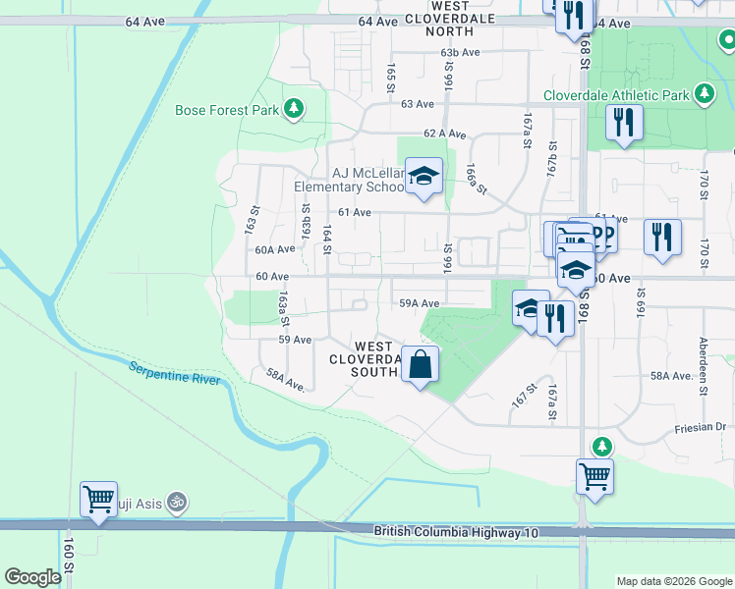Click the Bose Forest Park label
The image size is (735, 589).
(x=227, y=110)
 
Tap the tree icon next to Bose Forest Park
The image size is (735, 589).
(x=293, y=109)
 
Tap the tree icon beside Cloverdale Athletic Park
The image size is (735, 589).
(x=704, y=94)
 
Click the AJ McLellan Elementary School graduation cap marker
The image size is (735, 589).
(x=424, y=177)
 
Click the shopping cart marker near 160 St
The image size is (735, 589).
(x=99, y=499)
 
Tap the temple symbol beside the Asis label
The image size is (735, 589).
(x=177, y=503)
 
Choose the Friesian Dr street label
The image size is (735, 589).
(x=700, y=427)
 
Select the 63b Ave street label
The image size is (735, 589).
(x=460, y=52)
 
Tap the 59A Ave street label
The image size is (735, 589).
(x=418, y=303)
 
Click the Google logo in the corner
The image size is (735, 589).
(x=32, y=577)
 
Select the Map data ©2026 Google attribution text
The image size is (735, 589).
(x=674, y=581)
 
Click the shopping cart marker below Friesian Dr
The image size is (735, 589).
(x=594, y=476)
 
